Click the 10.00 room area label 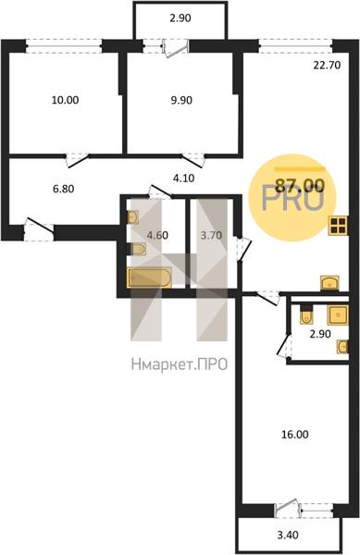coord(65,100)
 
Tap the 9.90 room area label coord(181,100)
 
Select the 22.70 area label coord(327,65)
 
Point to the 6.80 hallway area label coord(63,189)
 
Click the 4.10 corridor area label coord(184,179)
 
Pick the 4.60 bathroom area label coord(157,235)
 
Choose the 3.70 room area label coord(211,235)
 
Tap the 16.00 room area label coord(295,435)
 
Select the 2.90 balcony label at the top coord(180,18)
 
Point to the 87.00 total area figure coord(300,185)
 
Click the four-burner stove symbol coord(338,226)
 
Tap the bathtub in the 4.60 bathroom coord(149,277)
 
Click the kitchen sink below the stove coord(329,284)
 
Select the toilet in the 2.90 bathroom coord(305,314)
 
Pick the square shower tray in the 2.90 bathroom coord(338,315)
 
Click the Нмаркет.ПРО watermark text coord(180,364)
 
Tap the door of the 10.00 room coord(77,160)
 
